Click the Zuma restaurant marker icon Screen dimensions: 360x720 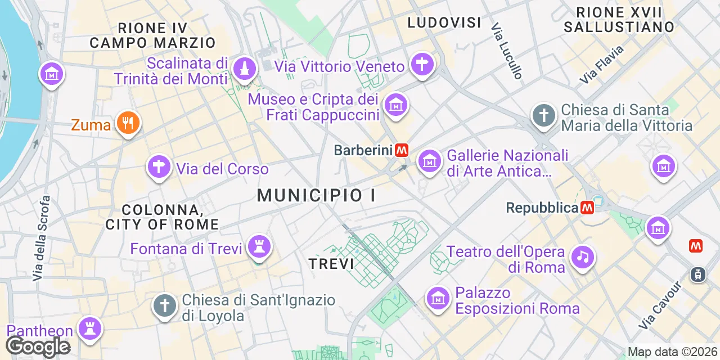pos(128,122)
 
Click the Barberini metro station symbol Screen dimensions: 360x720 pos(402,150)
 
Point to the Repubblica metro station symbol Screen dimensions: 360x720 pos(587,208)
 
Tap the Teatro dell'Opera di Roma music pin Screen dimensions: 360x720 pos(583,257)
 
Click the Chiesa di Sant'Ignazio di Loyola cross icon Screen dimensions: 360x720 pos(165,306)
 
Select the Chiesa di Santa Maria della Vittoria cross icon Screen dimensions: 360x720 pos(544,115)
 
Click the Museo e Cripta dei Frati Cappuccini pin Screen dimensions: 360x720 pos(395,104)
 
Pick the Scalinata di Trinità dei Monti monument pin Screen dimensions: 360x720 pos(245,69)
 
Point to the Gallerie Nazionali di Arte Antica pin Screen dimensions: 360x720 pos(429,161)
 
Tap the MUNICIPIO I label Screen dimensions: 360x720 pos(317,196)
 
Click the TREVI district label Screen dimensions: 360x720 pos(331,263)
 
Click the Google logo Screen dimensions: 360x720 pos(38,346)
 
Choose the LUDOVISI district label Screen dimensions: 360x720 pos(444,22)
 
